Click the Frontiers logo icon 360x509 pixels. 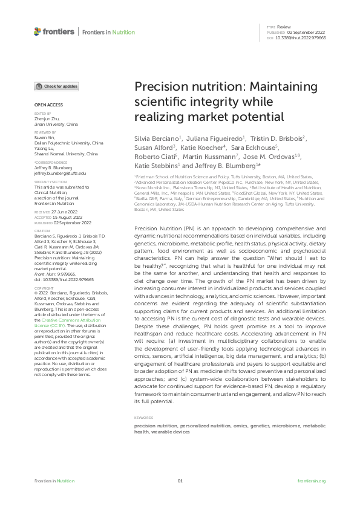pyautogui.click(x=38, y=31)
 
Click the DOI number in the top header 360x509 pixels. pyautogui.click(x=301, y=37)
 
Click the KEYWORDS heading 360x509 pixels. pyautogui.click(x=143, y=418)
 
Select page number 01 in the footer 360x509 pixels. pyautogui.click(x=180, y=481)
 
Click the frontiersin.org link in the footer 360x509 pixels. pyautogui.click(x=312, y=481)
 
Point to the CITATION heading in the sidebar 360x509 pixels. pyautogui.click(x=42, y=230)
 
